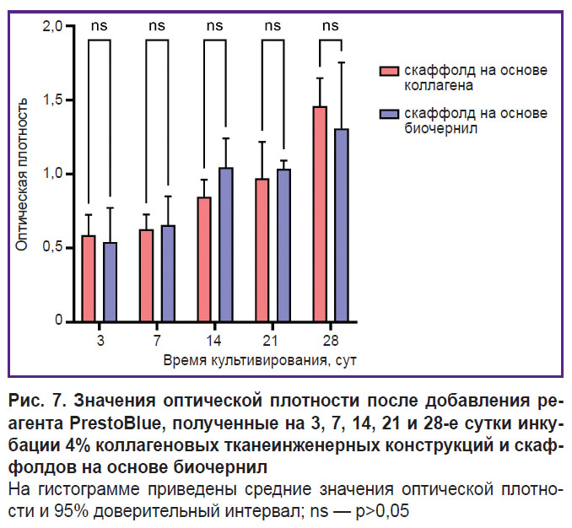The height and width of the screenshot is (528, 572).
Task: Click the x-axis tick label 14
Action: (215, 342)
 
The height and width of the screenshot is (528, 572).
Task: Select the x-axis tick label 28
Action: (331, 342)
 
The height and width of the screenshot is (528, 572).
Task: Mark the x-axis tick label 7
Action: (158, 342)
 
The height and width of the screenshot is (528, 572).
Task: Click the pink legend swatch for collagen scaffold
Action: (388, 71)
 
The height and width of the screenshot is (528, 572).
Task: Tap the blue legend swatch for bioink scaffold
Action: (388, 114)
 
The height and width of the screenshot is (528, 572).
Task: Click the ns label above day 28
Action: (331, 25)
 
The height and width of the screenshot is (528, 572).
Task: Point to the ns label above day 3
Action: (100, 25)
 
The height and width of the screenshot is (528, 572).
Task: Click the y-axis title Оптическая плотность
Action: (24, 174)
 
